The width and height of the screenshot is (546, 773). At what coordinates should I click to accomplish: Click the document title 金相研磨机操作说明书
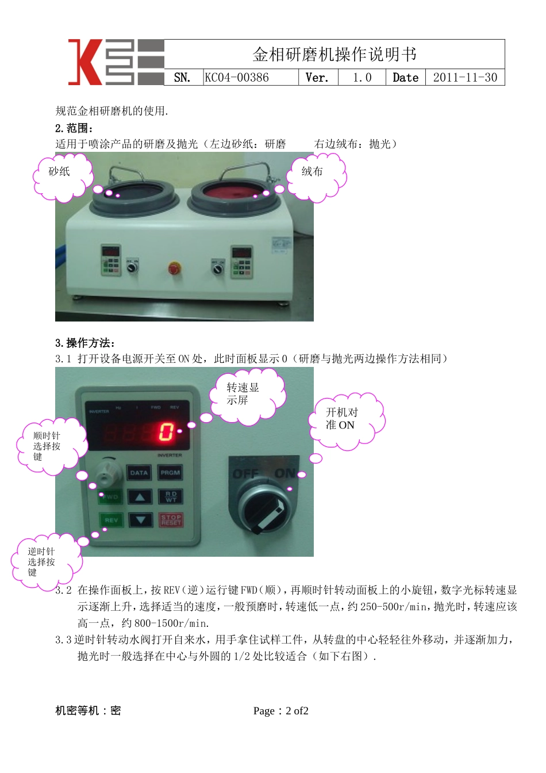pos(334,55)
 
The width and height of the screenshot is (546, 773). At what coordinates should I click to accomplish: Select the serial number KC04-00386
pos(237,78)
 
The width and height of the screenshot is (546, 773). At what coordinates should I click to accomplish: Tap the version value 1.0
pos(362,78)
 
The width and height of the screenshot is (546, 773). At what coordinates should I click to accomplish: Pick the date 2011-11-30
pos(465,78)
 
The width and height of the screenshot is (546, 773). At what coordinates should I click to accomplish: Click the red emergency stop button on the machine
pos(174,268)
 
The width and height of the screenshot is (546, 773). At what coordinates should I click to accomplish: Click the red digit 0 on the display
pos(166,431)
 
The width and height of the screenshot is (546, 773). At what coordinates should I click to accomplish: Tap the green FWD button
pos(110,497)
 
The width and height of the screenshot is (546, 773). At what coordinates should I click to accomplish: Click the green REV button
pos(111,521)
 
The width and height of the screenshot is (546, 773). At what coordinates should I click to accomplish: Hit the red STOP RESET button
pos(171,521)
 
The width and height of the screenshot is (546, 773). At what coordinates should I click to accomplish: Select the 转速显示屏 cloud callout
pos(246,396)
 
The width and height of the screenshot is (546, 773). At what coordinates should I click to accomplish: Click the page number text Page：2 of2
pos(281,711)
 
